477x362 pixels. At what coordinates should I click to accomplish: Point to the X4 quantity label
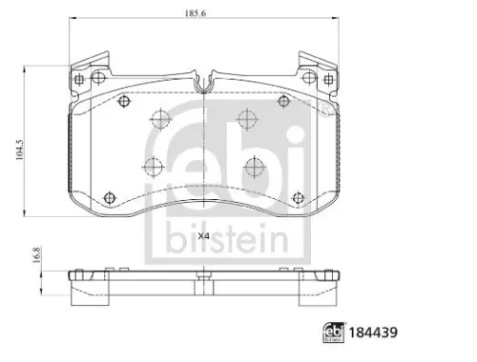pos(203,236)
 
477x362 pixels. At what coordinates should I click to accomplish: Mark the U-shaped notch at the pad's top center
pos(201,84)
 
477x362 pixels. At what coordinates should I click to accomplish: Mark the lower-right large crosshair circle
pos(253,168)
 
